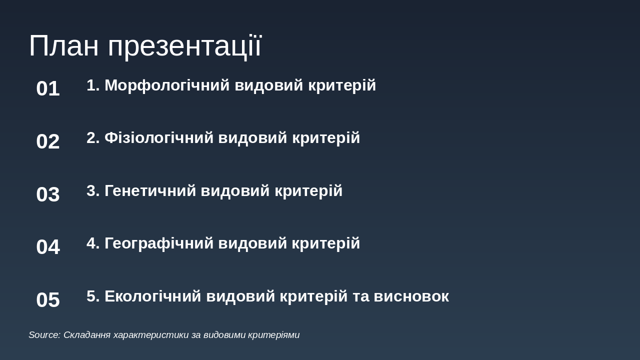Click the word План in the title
pos(64,45)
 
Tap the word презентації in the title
pos(184,47)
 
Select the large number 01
pos(48,88)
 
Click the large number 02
pos(48,141)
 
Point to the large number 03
pos(48,194)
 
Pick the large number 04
pos(48,247)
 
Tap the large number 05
pos(48,300)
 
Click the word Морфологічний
pos(167,85)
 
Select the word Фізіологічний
pos(159,138)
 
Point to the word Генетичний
pos(150,191)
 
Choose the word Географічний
pos(159,243)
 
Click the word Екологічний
pos(153,296)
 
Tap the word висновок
pos(411,296)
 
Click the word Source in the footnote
pos(44,335)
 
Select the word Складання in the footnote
pos(87,335)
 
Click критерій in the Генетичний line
pos(308,191)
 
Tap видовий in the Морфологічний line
pos(269,85)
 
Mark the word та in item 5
pos(360,296)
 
